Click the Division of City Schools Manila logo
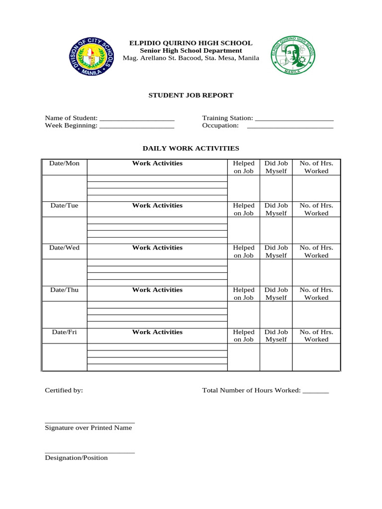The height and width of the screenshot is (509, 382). [91, 57]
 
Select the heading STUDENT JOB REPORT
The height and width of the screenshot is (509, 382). [191, 95]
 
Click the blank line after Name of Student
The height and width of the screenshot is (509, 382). [137, 119]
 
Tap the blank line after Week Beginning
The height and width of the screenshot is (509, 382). [137, 127]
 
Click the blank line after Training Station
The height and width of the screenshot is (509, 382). [293, 119]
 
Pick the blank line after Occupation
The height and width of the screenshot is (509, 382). [290, 127]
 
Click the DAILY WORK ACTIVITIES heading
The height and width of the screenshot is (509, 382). [191, 148]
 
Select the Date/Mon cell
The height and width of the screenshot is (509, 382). [64, 164]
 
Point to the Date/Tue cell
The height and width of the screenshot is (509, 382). [64, 206]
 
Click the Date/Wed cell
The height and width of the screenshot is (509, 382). [64, 248]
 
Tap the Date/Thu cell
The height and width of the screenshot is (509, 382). [64, 290]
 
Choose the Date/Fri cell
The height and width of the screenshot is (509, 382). [64, 332]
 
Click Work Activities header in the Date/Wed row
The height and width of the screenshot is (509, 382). [157, 248]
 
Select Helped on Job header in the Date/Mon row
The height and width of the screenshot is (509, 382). [244, 167]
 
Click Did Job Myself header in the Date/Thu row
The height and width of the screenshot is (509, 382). [276, 294]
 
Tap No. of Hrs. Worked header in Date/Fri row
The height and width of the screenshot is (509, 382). [316, 336]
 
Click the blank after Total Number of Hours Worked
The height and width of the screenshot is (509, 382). [315, 392]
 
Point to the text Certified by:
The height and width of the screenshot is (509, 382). [64, 391]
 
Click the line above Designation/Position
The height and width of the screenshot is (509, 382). [90, 452]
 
